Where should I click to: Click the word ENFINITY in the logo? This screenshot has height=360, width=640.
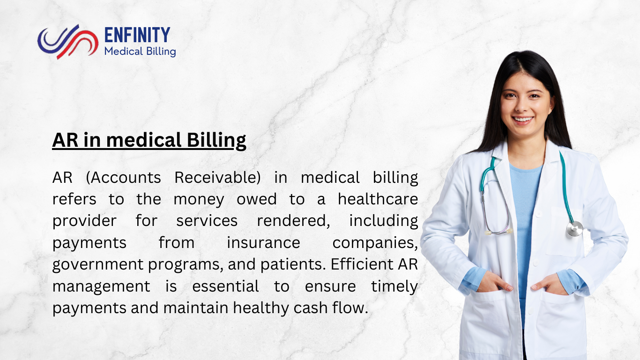(x=137, y=35)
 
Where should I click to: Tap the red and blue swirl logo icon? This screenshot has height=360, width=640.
(x=67, y=41)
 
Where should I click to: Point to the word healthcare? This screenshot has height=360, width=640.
(x=378, y=200)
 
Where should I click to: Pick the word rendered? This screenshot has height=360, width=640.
(x=292, y=221)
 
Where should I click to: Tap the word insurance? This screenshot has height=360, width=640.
(x=263, y=243)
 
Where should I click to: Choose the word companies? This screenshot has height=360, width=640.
(x=375, y=243)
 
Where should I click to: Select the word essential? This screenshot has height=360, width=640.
(x=225, y=286)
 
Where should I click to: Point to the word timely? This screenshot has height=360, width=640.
(x=394, y=286)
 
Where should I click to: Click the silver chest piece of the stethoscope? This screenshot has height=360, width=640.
(x=574, y=228)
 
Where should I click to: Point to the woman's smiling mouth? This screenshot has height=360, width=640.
(x=523, y=120)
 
